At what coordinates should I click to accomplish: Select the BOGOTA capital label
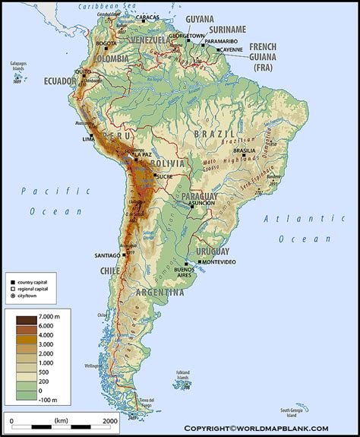[106, 44]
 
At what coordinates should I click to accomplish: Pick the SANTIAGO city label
[105, 255]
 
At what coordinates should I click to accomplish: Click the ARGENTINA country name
[160, 292]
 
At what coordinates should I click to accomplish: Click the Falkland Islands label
[183, 374]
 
